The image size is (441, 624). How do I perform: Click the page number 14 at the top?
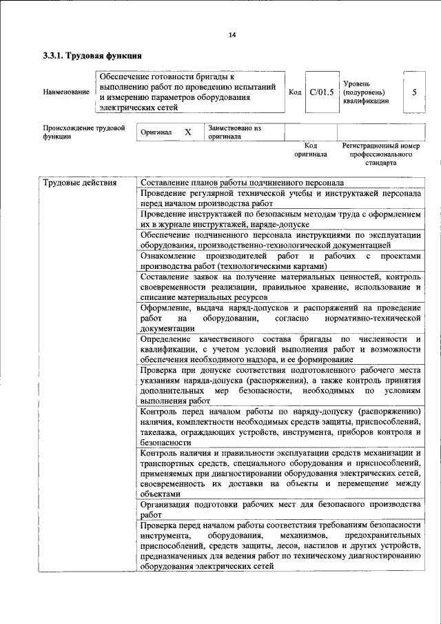click(x=232, y=36)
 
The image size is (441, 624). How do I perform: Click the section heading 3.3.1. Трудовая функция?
click(x=92, y=56)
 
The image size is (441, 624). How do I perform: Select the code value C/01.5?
click(x=321, y=92)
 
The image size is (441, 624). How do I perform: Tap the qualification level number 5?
click(x=413, y=92)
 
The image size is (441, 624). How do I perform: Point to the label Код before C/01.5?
click(x=294, y=92)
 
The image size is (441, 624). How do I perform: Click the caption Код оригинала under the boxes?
click(x=311, y=150)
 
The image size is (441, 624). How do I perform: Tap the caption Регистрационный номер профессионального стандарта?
click(x=380, y=155)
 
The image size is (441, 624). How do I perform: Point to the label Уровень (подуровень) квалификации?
click(x=366, y=92)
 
